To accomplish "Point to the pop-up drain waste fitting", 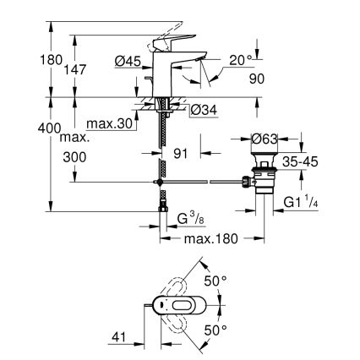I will (264, 178).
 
